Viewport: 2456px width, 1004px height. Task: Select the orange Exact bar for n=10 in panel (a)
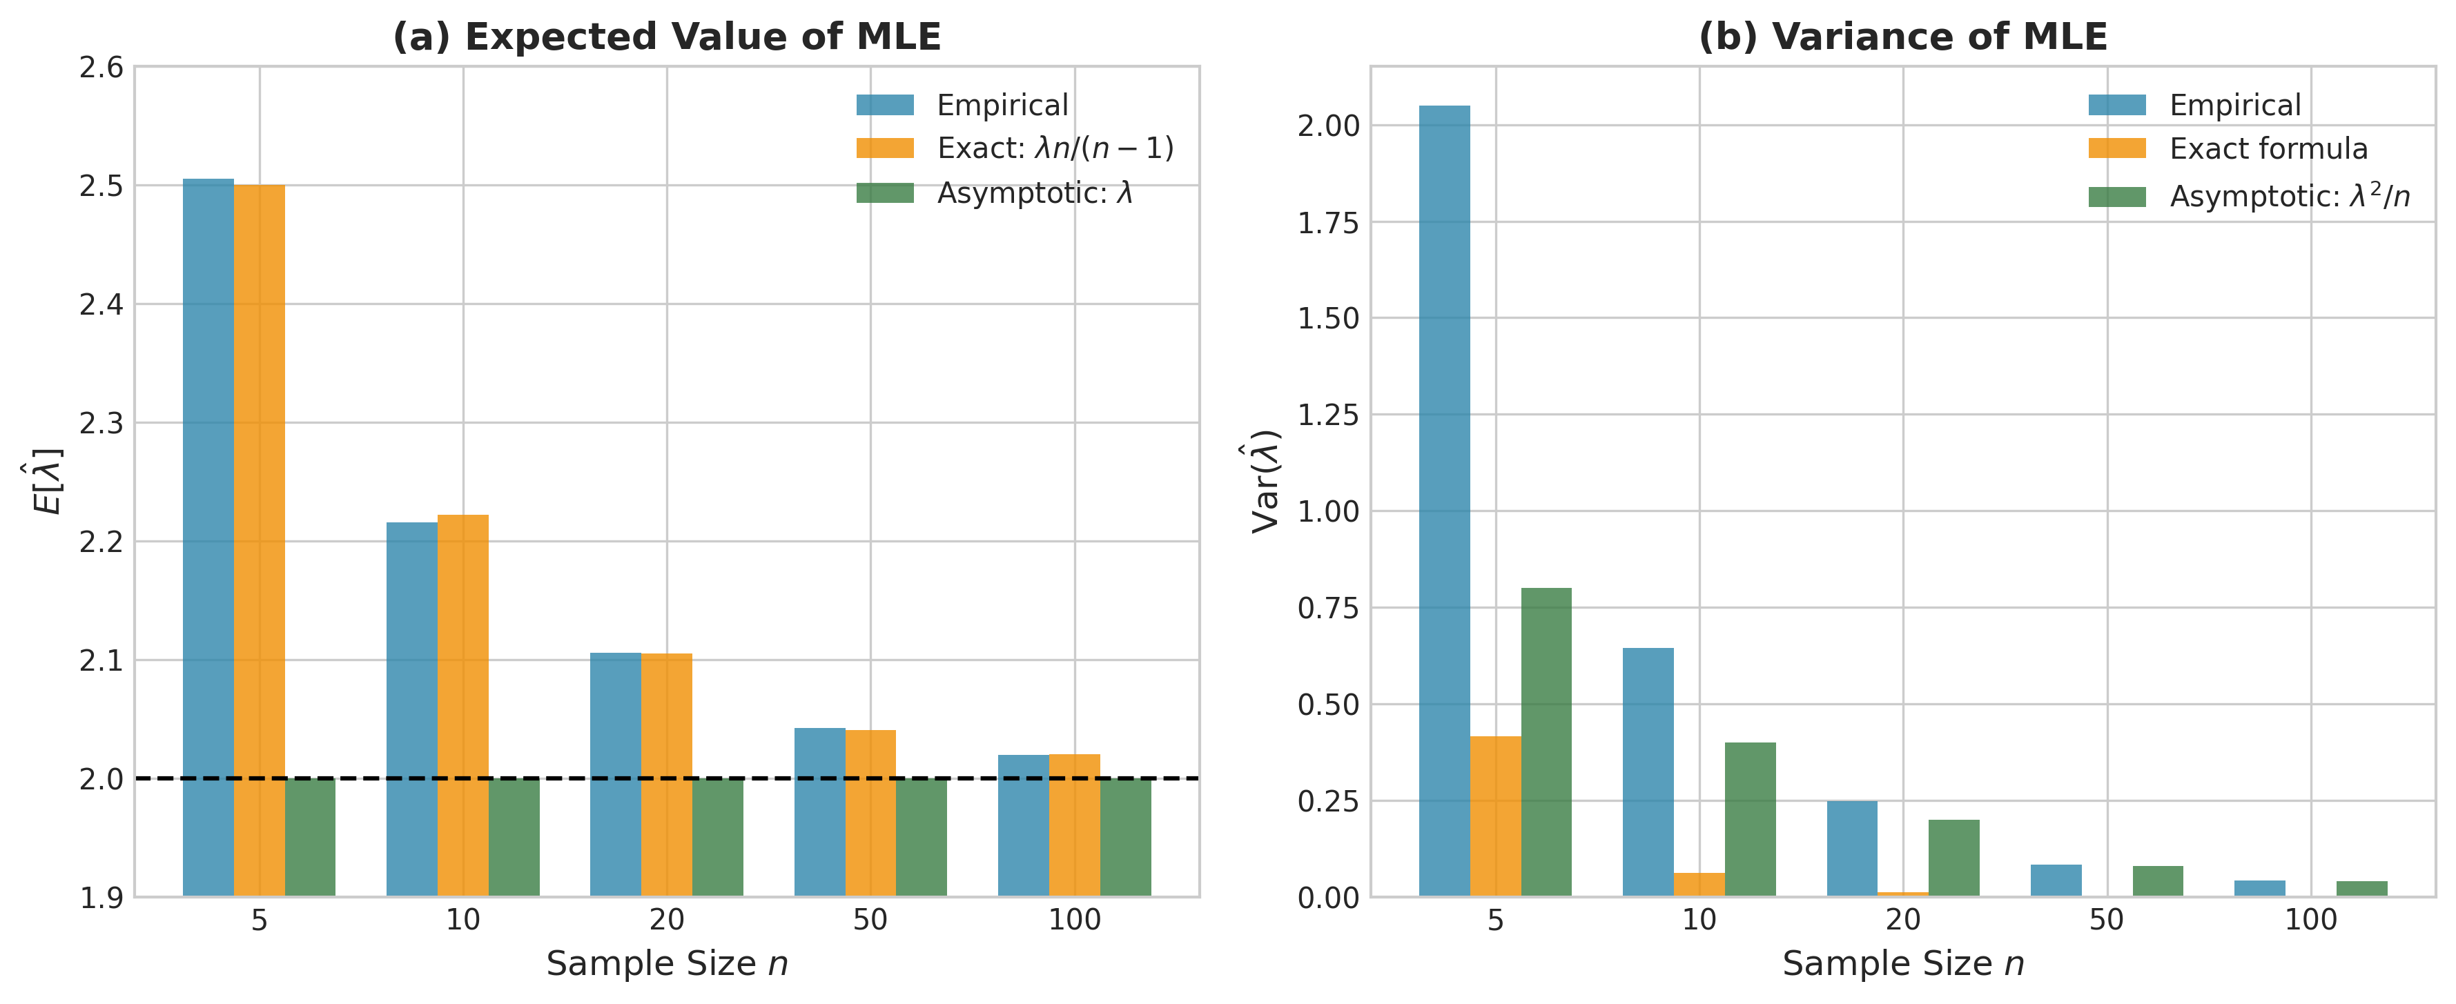coord(462,706)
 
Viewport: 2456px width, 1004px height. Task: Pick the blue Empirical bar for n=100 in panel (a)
coord(1023,825)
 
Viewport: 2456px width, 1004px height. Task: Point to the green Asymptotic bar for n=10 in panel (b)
coord(1750,819)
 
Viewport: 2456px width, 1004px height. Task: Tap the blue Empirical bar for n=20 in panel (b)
coord(1851,849)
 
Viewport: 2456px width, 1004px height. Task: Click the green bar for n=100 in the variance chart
coord(2361,889)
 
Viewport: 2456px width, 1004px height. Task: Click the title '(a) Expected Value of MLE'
coord(666,37)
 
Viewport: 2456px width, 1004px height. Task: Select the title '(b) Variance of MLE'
coord(1902,37)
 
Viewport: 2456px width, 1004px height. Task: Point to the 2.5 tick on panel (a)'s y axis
coord(101,186)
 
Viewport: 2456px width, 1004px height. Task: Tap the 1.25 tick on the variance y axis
coord(1327,415)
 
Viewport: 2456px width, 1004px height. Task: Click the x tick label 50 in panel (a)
coord(870,920)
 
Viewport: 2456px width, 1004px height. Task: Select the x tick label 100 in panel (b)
coord(2310,920)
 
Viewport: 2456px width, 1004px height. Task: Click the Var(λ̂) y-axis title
coord(1265,482)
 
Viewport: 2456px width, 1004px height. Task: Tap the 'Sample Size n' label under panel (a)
coord(666,964)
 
